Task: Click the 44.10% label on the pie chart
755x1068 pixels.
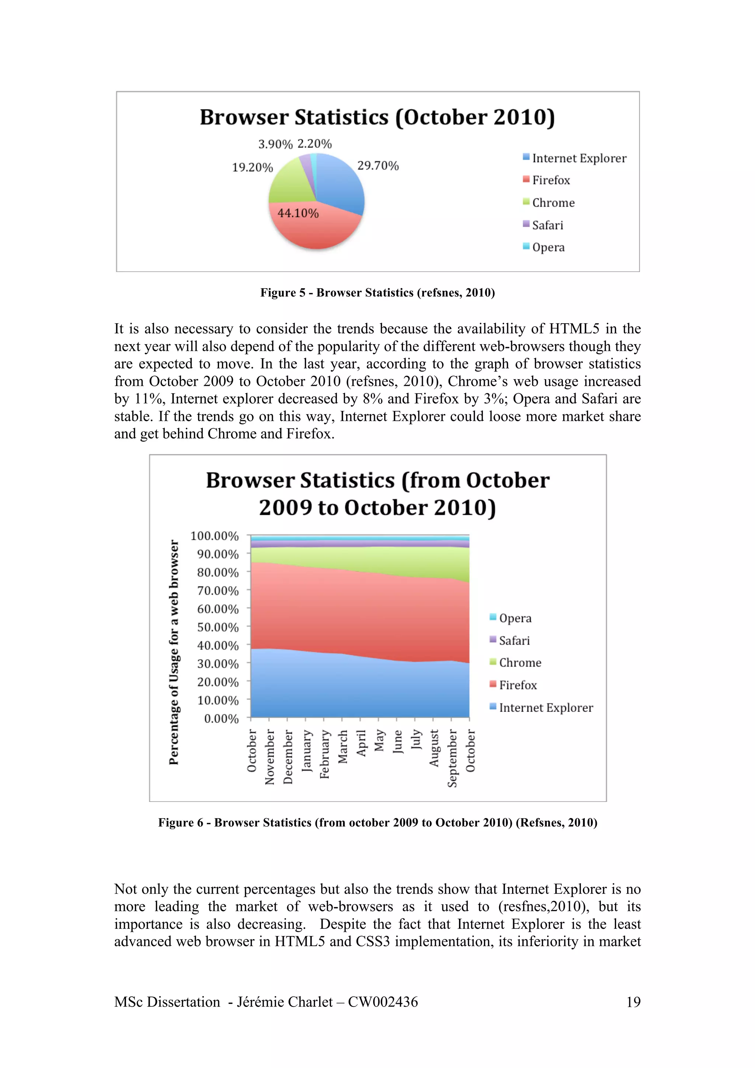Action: [x=298, y=213]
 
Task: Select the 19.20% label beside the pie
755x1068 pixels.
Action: [x=252, y=167]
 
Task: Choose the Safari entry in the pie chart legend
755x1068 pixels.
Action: [x=547, y=225]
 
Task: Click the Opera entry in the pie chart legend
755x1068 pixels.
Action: [x=548, y=247]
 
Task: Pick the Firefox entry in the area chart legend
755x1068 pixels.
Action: [x=517, y=685]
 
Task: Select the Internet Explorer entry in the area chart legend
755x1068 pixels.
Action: [x=545, y=708]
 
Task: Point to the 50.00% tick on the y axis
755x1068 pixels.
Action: [x=218, y=627]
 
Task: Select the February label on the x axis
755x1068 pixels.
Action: [x=325, y=754]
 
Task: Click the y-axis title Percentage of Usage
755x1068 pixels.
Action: [x=174, y=651]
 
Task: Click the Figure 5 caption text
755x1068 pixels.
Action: [x=377, y=293]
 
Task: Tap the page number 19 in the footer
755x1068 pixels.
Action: [x=633, y=1002]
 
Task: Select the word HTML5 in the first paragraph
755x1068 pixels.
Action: [x=574, y=329]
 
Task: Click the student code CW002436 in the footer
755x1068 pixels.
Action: [x=383, y=1002]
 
